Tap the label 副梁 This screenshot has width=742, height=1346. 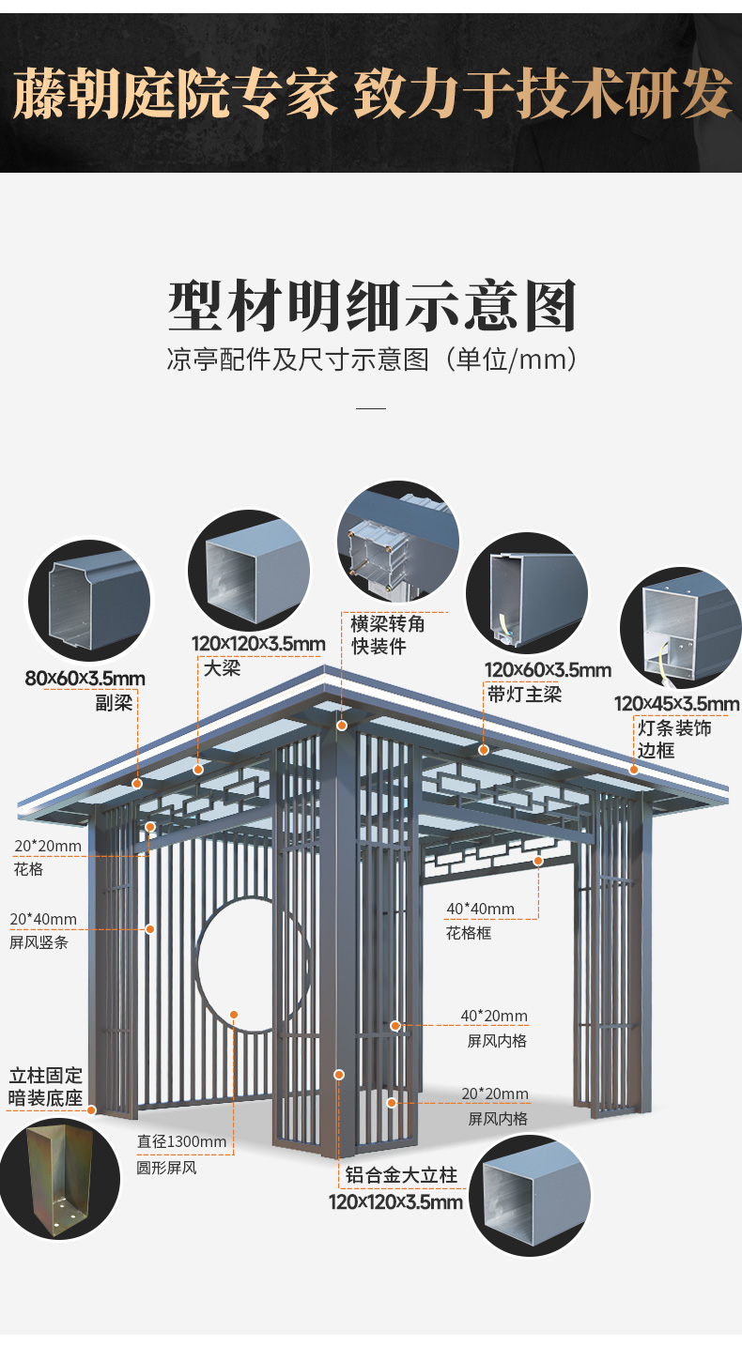click(114, 702)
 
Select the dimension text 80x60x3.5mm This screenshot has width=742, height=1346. click(85, 678)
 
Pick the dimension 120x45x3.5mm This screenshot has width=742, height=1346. click(676, 704)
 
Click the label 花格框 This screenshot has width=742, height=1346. click(469, 933)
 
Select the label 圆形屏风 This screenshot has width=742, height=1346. click(167, 1168)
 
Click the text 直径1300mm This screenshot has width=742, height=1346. click(181, 1142)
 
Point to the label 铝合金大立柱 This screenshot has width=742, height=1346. click(401, 1175)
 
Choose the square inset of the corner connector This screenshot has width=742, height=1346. click(398, 544)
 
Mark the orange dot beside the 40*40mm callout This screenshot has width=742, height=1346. click(538, 861)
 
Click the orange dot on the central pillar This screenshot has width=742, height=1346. click(339, 1074)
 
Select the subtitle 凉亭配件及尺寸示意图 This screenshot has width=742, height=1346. click(371, 360)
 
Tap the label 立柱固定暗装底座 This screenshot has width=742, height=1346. click(46, 1086)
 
